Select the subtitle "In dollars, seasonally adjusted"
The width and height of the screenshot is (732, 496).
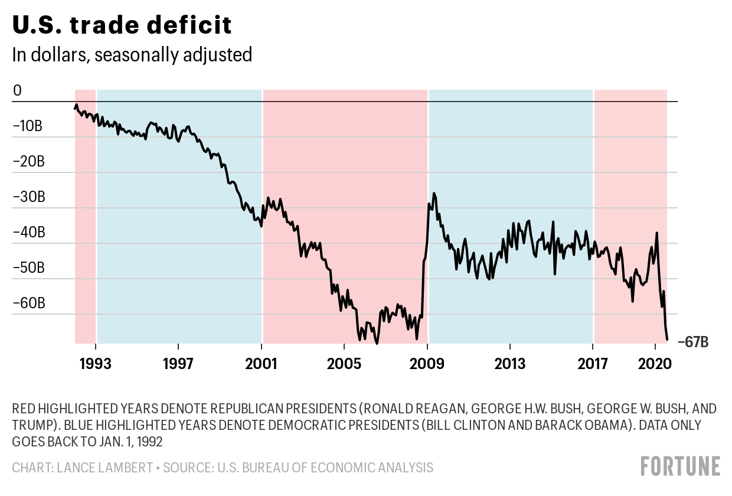(132, 55)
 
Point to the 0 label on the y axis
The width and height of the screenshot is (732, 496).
(17, 91)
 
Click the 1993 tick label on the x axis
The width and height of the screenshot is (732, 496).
(96, 362)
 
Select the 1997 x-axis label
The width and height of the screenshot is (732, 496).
(178, 362)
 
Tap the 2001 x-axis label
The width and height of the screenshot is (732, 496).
(262, 362)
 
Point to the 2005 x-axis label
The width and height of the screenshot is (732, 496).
(344, 362)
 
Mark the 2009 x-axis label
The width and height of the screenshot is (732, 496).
(427, 362)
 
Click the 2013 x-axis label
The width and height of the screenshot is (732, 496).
(509, 362)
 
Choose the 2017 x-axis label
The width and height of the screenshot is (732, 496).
(592, 362)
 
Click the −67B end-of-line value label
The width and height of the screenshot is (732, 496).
(693, 341)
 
